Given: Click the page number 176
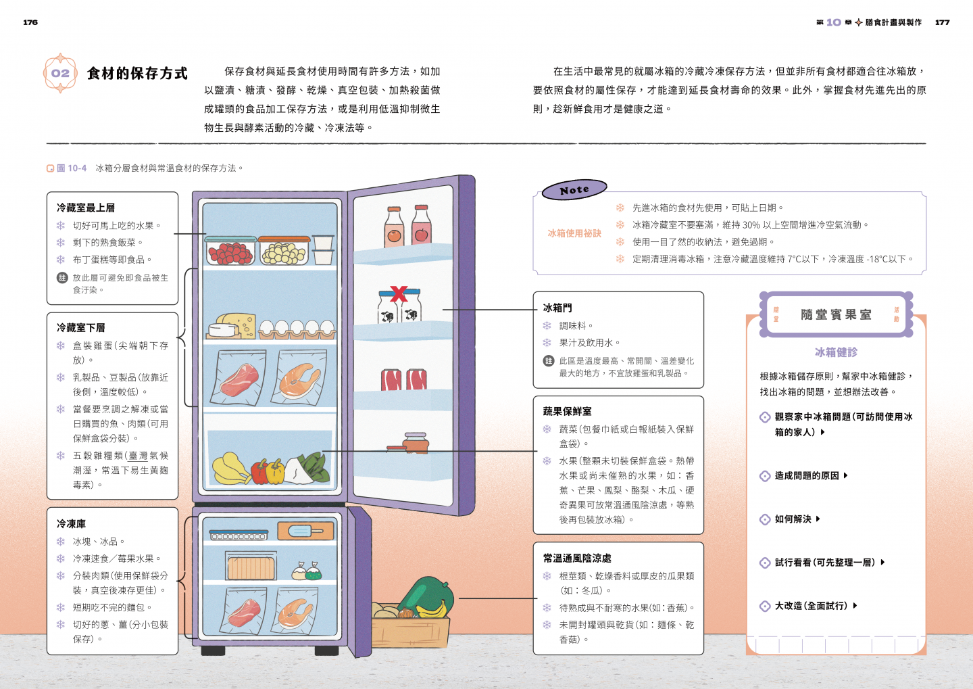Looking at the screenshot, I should coord(30,22).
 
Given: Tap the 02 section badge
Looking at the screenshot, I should coord(60,73).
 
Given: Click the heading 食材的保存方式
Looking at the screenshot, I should coord(137,73).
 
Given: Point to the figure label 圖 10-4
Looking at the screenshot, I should coord(71,168).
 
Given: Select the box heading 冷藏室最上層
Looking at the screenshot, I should coord(86,208).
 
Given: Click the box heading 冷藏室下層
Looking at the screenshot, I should coord(81,327).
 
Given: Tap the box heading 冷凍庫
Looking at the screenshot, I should coord(71,524).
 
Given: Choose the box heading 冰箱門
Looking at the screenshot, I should coord(557,308).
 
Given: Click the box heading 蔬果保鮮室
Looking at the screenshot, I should coord(567,411).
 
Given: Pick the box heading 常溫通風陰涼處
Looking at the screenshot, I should coord(577,558).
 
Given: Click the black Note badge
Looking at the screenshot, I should coord(574,190).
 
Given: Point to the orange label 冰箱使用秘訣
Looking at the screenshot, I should coord(574,233).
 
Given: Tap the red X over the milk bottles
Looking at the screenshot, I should coord(399,294).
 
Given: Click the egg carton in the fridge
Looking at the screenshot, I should coord(297,329).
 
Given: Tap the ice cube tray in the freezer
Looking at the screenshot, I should coord(238,536).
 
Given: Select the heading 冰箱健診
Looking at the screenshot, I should coord(836,352).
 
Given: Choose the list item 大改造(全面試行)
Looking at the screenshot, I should coord(811,606).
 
